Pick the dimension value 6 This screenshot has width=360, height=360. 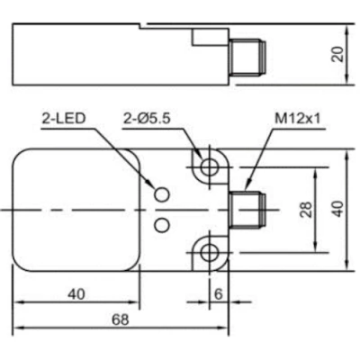[218, 294]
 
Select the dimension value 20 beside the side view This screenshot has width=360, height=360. [337, 54]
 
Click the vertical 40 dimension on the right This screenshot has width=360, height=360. [337, 209]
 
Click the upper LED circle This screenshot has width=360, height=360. [162, 193]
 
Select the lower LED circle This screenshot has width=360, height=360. [162, 222]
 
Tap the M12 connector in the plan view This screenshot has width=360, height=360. [247, 210]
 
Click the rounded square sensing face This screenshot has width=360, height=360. [76, 210]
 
